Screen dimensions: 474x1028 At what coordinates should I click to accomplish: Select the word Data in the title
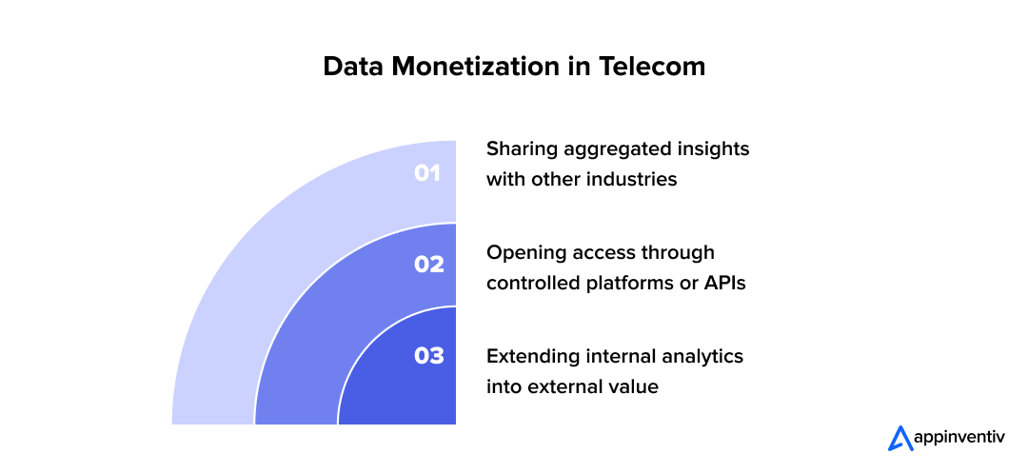coord(353,67)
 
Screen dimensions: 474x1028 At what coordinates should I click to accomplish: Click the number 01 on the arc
coord(427,173)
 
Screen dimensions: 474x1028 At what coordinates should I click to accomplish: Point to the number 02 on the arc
coord(428,265)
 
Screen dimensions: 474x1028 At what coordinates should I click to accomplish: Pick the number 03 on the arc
coord(428,356)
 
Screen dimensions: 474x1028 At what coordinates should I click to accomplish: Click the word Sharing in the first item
coord(519,149)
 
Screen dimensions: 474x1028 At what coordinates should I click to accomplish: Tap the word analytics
coord(702,356)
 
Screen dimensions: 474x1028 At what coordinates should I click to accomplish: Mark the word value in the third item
coord(635,386)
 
